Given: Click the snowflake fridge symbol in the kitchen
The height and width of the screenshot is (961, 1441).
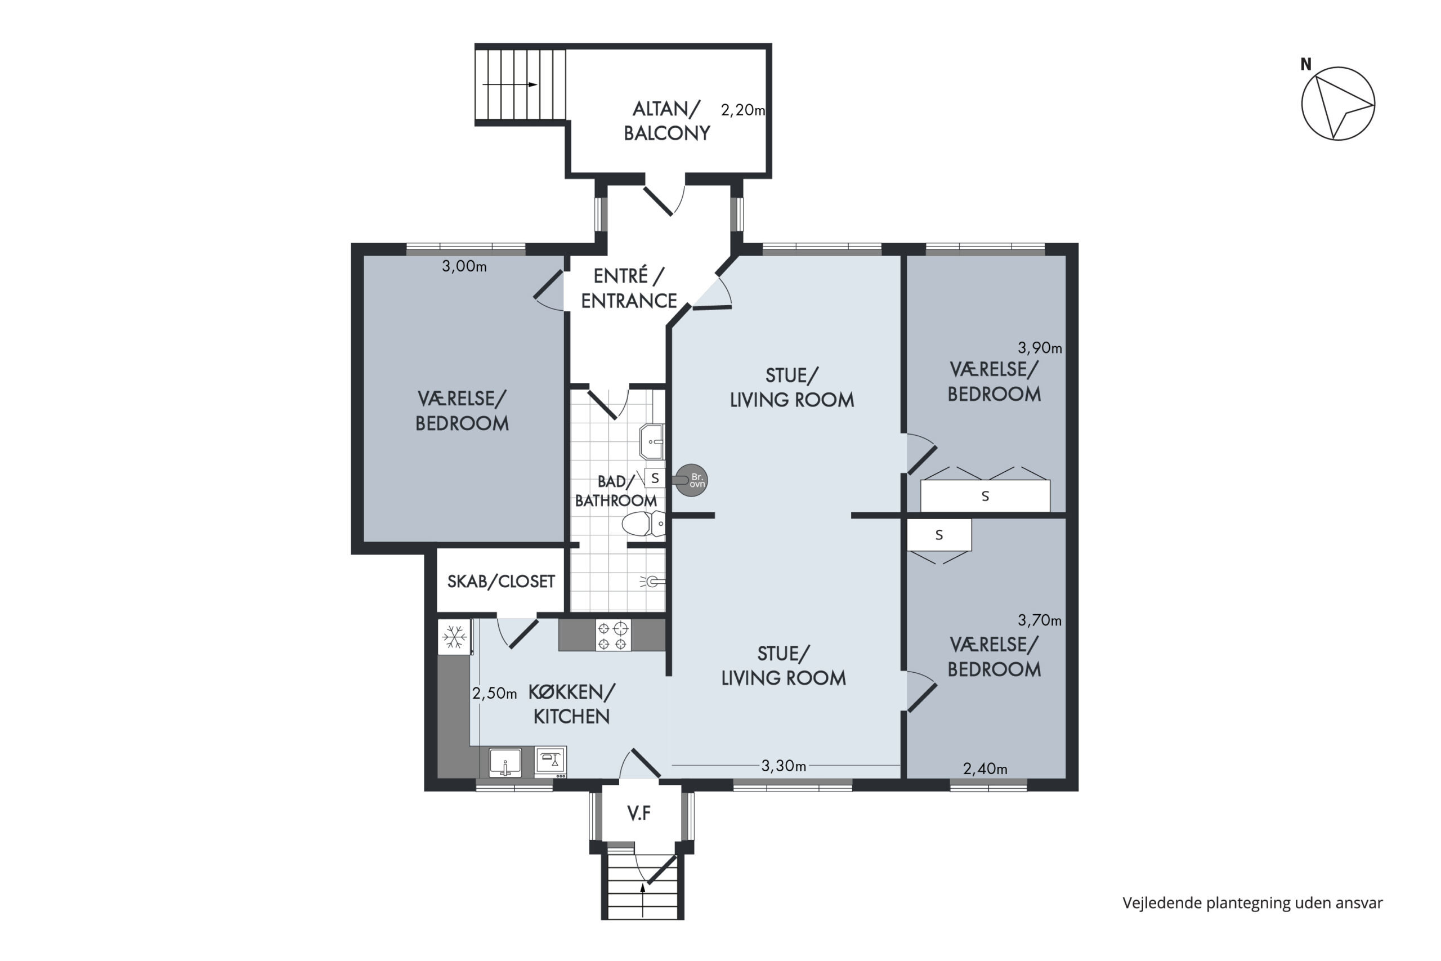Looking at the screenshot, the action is pos(454,636).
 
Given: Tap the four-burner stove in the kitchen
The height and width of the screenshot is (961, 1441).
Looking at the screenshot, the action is pos(612,635).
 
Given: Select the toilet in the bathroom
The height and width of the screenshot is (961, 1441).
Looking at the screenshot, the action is pos(643,524).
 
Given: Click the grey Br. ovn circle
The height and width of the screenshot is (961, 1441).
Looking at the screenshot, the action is pos(692,480).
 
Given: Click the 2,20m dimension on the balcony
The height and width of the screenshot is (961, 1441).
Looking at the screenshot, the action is pos(742,110).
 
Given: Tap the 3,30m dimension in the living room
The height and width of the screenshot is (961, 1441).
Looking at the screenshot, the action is pos(784,766).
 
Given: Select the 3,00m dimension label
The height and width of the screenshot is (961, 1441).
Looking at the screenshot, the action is pos(464,267).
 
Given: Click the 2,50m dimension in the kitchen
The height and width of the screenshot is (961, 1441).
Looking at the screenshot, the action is pos(494,693).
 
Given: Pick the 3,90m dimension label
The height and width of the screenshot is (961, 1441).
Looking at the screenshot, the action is pos(1040,348).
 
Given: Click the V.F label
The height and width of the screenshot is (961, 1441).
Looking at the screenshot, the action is pos(639,814).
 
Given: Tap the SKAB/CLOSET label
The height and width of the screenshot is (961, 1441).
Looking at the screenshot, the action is pos(501,581).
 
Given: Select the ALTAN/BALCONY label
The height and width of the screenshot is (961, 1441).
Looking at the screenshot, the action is pos(666,120).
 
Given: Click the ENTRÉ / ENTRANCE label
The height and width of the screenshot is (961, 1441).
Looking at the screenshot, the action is pos(629,288).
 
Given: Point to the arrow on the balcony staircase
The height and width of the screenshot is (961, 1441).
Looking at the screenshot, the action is pos(510,84).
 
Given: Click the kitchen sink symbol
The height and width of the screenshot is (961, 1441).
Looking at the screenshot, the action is pos(505,762).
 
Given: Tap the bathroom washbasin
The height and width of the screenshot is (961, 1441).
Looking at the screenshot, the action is pos(652,441).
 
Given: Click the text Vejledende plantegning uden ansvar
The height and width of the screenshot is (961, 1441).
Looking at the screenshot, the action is pos(1252,903).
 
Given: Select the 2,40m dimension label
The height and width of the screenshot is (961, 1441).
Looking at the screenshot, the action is pos(985,768).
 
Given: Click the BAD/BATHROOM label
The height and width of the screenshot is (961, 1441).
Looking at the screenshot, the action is pos(616,491).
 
